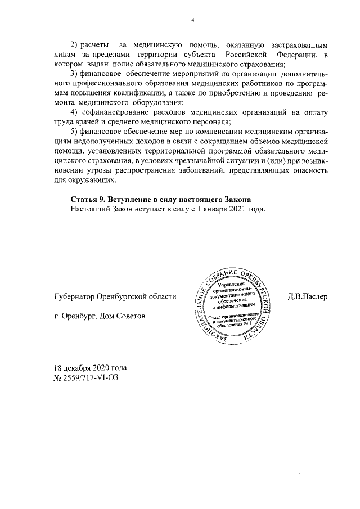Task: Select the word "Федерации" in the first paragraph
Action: tap(298, 54)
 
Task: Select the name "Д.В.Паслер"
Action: tap(307, 296)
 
